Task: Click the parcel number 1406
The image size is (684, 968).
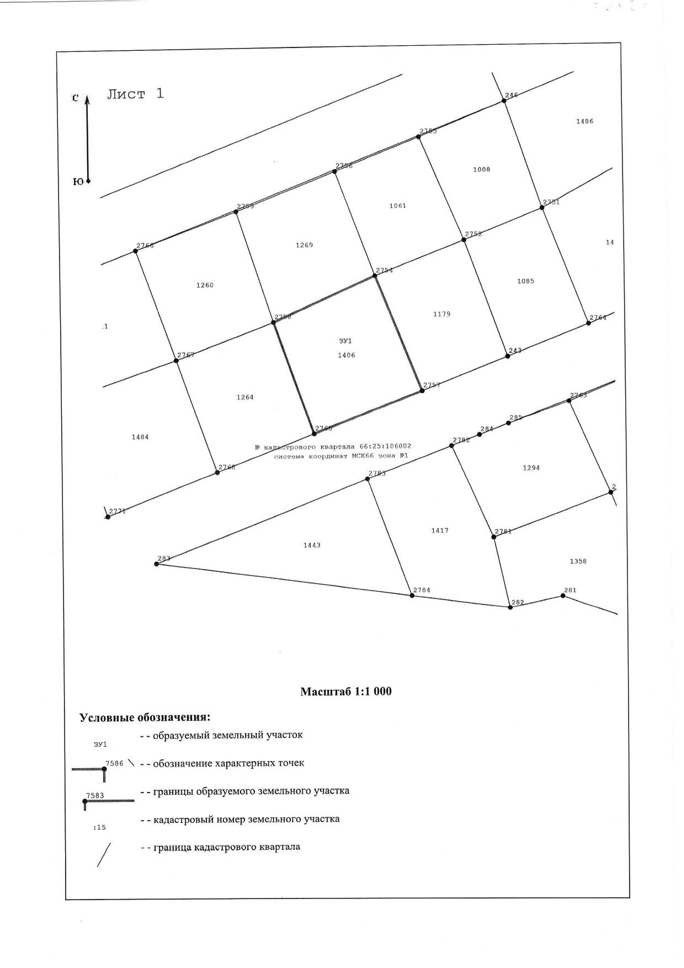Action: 347,355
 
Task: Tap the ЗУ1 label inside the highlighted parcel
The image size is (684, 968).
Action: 345,341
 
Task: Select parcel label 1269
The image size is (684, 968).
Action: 304,245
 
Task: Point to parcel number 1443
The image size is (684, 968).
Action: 312,545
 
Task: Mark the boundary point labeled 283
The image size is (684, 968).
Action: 156,564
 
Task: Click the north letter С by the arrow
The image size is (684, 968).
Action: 75,98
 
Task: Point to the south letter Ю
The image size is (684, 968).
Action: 78,182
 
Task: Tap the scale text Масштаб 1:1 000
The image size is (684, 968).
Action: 345,692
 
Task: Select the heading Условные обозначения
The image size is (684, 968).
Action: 145,717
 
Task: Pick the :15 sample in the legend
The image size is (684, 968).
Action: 99,827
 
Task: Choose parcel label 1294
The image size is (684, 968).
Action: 531,467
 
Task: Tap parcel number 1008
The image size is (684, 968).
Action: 482,169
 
